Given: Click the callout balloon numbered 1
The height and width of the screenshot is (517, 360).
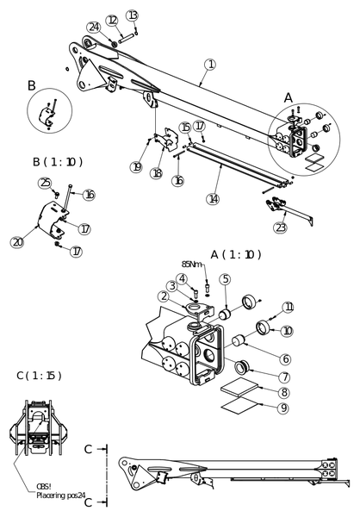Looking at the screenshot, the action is tap(210, 65).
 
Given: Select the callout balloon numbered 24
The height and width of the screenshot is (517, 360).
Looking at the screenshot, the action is tap(94, 28).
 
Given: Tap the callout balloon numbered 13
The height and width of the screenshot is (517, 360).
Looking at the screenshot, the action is tap(133, 16).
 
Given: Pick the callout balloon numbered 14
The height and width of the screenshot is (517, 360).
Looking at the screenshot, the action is tap(214, 199).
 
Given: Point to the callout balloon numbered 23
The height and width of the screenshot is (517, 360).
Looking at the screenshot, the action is tap(281, 227).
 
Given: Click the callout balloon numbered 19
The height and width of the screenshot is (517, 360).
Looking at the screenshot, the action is tap(136, 167).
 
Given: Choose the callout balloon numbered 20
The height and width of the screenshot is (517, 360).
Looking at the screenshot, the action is tap(17, 242).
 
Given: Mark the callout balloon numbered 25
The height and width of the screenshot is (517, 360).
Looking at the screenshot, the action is tap(45, 183).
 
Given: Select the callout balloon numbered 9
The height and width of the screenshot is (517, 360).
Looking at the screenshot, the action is tap(283, 408).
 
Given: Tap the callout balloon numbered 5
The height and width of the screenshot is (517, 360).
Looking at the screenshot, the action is tap(225, 279).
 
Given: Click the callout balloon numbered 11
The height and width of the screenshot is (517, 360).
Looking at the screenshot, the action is tap(289, 308).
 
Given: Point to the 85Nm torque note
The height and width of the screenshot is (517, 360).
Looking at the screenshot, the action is tap(191, 265).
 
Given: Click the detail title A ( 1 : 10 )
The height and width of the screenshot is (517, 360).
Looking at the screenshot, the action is tap(236, 254).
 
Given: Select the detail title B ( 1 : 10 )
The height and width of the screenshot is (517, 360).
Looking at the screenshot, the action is tap(58, 162).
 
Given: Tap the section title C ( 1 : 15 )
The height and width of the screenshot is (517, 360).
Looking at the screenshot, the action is tap(39, 376).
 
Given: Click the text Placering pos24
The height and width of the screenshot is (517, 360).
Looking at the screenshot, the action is tap(61, 495).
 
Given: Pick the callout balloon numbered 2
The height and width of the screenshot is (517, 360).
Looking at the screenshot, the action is tap(164, 296).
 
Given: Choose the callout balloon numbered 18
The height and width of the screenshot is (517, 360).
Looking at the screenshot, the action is tap(158, 173).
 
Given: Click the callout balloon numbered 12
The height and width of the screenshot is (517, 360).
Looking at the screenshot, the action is tap(113, 21).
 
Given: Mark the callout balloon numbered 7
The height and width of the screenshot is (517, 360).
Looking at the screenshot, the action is tap(285, 377).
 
